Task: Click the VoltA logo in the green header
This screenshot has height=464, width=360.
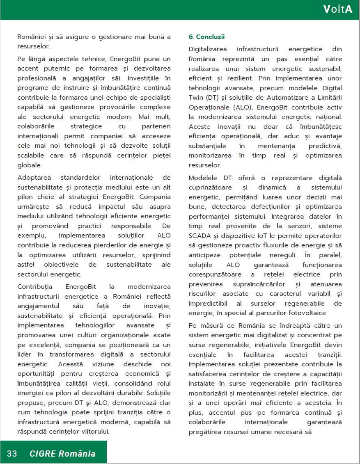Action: click(x=337, y=9)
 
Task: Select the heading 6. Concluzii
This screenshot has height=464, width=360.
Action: click(x=206, y=37)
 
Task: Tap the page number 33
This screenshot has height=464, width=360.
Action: click(x=12, y=453)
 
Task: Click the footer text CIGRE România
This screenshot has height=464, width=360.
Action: click(x=62, y=453)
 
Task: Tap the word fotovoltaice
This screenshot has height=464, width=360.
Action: click(x=305, y=313)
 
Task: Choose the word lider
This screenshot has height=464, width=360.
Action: click(x=24, y=354)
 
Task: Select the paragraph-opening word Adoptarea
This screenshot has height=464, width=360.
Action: click(x=34, y=178)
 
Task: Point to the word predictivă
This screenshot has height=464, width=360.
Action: click(x=325, y=146)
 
